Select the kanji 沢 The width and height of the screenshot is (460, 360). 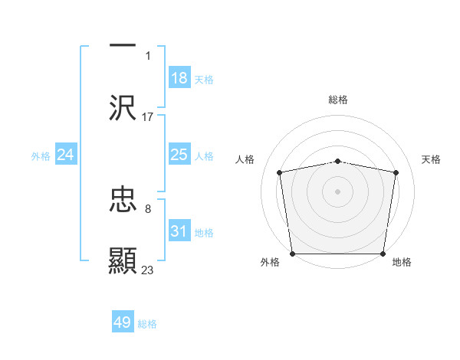point(123,107)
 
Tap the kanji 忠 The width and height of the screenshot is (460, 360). point(123,200)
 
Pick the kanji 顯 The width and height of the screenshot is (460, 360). point(123,260)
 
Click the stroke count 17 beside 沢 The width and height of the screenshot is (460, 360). point(148,116)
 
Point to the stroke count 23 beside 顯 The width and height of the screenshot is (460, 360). point(148,270)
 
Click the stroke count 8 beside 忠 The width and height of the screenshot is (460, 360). point(148,208)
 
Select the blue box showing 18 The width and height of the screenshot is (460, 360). point(179,78)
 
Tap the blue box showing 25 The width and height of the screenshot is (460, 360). point(179,155)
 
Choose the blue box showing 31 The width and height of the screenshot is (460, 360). point(179,231)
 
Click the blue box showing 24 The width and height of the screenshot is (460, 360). point(66,155)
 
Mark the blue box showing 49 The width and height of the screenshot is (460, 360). point(123,322)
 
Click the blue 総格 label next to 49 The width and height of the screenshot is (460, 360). point(147,324)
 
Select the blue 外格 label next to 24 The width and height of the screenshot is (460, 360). point(41,156)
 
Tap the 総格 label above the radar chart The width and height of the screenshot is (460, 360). point(338,100)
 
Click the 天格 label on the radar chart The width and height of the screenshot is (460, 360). point(432,159)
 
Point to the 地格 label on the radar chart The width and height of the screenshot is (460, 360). point(402,263)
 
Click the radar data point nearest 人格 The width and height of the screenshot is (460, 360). point(280,172)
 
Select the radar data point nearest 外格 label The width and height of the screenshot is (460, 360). point(292,254)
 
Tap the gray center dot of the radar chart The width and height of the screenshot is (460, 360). point(338,191)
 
